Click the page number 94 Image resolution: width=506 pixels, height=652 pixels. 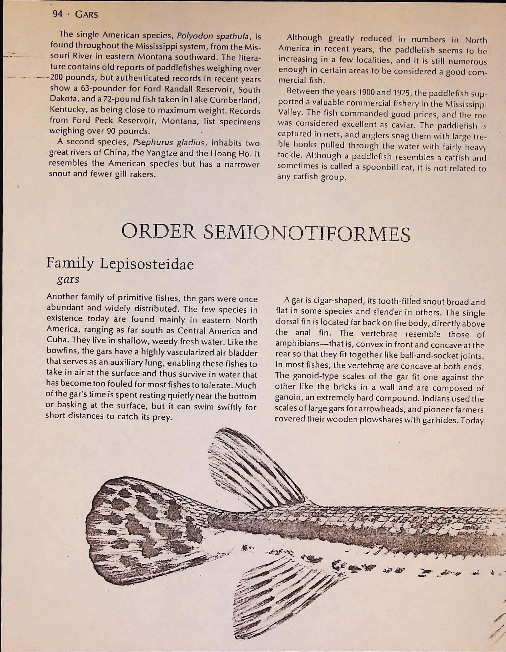pos(58,14)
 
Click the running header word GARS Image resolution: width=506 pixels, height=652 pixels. pos(87,15)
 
